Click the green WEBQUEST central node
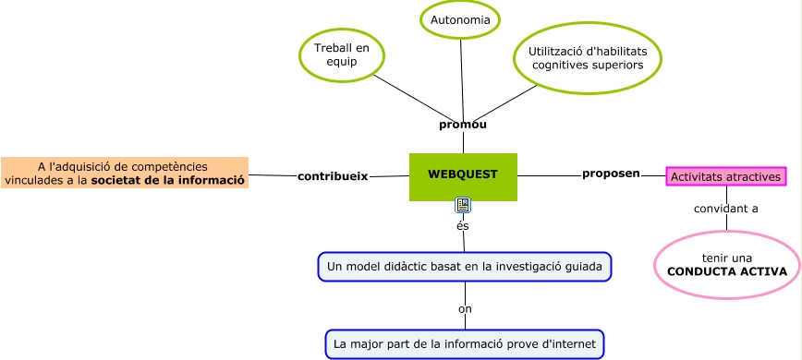[x=463, y=176]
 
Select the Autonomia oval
[x=460, y=20]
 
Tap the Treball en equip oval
[x=342, y=55]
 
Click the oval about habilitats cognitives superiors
[x=588, y=58]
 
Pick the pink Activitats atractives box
[x=726, y=176]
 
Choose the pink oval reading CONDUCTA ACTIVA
[x=726, y=265]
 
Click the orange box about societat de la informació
[x=125, y=174]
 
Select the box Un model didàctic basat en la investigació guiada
[x=464, y=267]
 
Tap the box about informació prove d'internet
[x=465, y=344]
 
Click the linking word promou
[x=463, y=125]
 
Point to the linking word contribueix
[x=333, y=175]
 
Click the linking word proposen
[x=611, y=174]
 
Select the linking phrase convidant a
[x=726, y=209]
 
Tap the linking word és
[x=463, y=225]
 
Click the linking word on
[x=465, y=309]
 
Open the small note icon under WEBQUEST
[x=463, y=205]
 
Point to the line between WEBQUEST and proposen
[x=549, y=175]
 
